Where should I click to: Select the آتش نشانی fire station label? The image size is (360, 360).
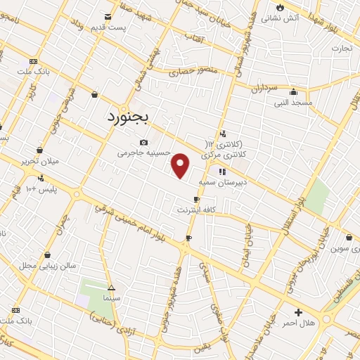[x=283, y=17]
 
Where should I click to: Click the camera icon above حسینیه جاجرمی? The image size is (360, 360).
[x=144, y=141]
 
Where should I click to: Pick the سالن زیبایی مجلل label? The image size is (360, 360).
[x=46, y=266]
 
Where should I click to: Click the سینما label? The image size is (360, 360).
[x=110, y=298]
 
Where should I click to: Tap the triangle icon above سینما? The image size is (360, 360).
[x=110, y=287]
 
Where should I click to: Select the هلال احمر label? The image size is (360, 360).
[x=300, y=323]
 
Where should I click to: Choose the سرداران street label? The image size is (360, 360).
[x=264, y=89]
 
